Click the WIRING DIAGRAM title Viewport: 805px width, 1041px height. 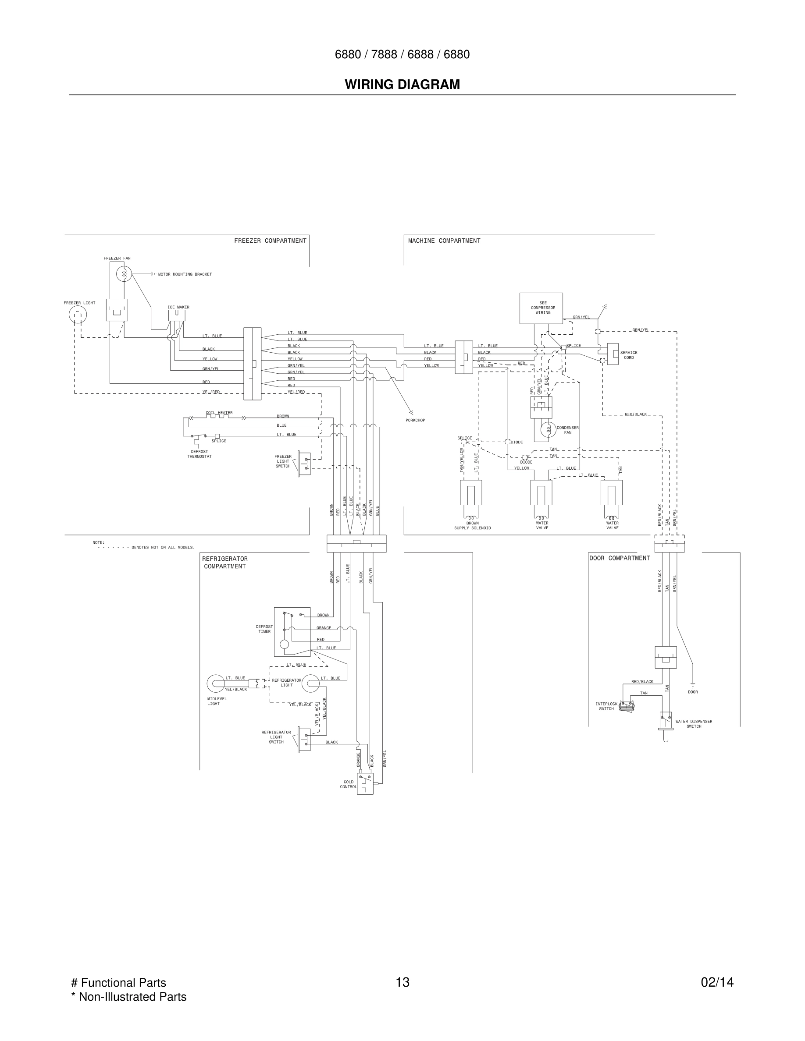(x=402, y=85)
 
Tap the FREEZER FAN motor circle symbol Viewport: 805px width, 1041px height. (x=124, y=274)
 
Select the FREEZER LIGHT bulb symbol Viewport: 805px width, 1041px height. (x=78, y=315)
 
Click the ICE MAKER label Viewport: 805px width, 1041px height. (x=178, y=307)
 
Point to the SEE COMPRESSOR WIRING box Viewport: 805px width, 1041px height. (x=541, y=308)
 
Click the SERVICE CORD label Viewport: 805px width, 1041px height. (x=629, y=355)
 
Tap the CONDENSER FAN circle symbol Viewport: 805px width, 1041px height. (x=548, y=429)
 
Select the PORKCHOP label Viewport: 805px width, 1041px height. (x=415, y=421)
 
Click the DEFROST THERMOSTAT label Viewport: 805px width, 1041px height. (x=199, y=454)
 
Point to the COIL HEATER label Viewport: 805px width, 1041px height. (x=219, y=413)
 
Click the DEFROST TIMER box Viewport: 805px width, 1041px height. (x=292, y=631)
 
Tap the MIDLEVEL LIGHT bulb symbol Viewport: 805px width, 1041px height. (x=216, y=683)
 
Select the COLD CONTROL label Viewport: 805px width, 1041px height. (x=348, y=784)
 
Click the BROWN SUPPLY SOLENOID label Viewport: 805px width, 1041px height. (x=472, y=525)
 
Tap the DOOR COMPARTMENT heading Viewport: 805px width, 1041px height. (x=620, y=558)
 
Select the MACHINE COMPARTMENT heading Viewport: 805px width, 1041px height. (x=444, y=241)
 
